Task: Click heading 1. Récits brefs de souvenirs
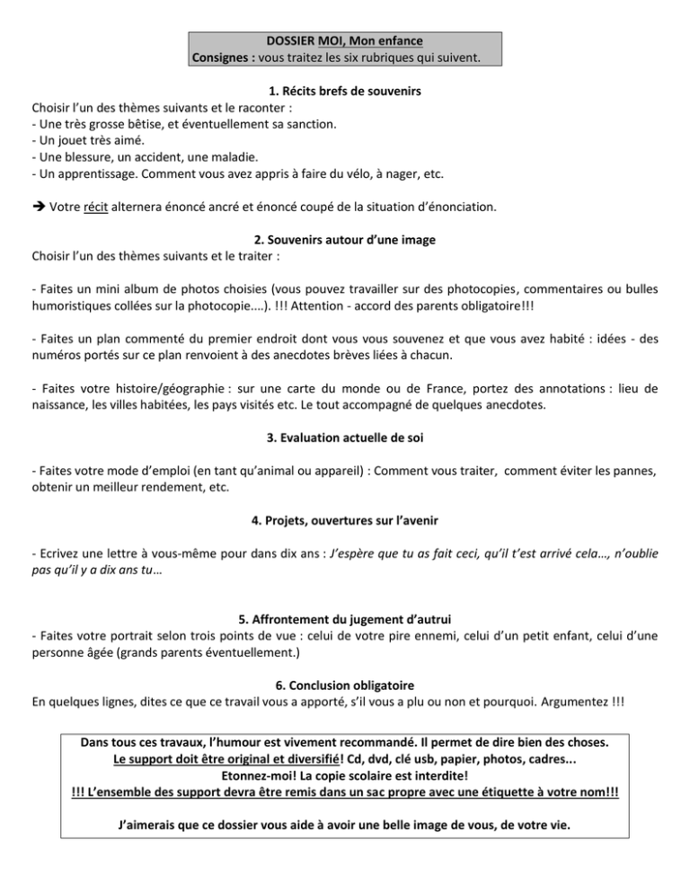[345, 92]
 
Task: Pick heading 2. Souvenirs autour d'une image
[345, 248]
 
